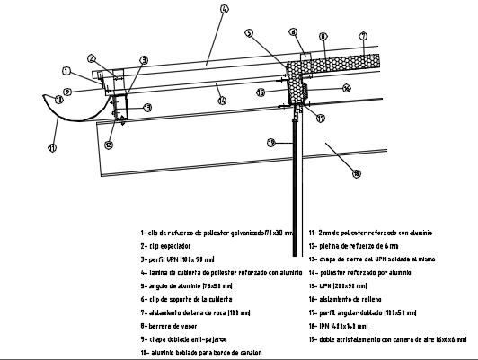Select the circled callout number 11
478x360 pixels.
click(x=52, y=147)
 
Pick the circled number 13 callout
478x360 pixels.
click(x=147, y=107)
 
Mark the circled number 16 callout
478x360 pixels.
click(x=346, y=88)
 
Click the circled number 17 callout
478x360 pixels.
click(x=319, y=117)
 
